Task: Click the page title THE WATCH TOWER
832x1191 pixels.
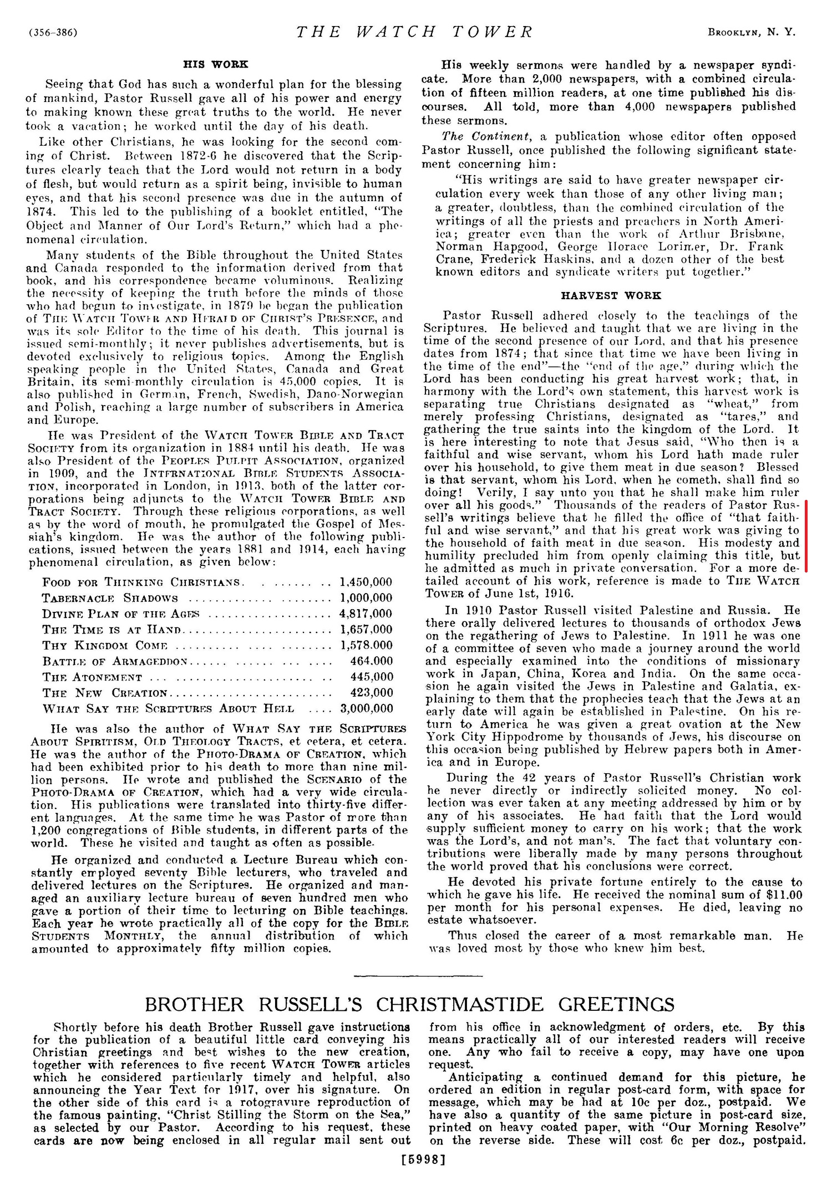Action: pyautogui.click(x=414, y=32)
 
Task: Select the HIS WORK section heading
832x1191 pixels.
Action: pyautogui.click(x=216, y=64)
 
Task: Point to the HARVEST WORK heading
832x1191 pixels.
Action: pyautogui.click(x=611, y=295)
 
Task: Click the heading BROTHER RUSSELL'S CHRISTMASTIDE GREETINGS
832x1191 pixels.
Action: pyautogui.click(x=409, y=1004)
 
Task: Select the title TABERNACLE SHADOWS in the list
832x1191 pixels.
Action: pyautogui.click(x=110, y=598)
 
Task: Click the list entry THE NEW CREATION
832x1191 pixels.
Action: pyautogui.click(x=105, y=693)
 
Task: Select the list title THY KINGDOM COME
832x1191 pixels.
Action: pyautogui.click(x=105, y=646)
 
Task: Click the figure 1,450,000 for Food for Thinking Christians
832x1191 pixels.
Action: pyautogui.click(x=366, y=582)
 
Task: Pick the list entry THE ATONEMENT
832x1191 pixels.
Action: pyautogui.click(x=92, y=677)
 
